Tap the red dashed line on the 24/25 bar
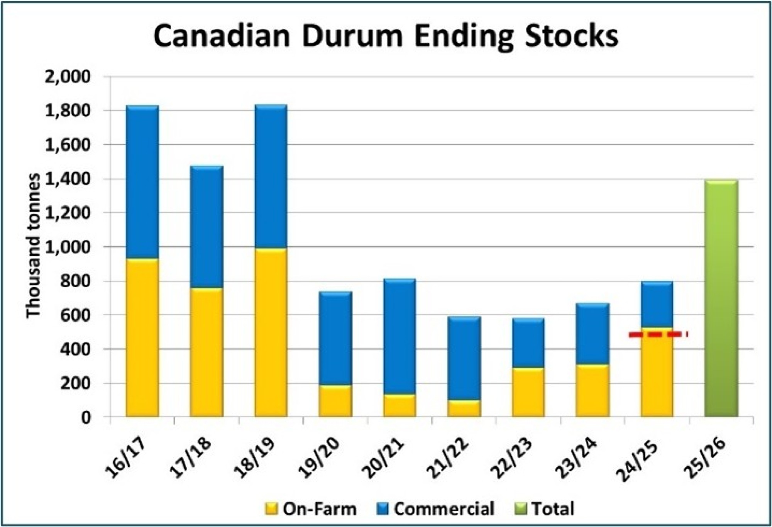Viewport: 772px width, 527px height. coord(658,334)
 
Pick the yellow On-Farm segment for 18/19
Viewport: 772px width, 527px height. coord(271,332)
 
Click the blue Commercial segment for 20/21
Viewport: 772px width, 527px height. coord(400,336)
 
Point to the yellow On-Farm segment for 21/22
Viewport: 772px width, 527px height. coord(464,408)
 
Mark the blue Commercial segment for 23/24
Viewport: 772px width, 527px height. coord(593,334)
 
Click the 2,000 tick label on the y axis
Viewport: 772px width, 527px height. coord(68,76)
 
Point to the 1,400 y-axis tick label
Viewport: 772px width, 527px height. coord(68,179)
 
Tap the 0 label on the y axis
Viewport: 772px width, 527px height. coord(86,417)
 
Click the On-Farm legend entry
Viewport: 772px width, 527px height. coord(310,509)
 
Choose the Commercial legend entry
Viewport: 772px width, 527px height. coord(435,509)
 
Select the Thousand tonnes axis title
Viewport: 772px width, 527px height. coord(33,246)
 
